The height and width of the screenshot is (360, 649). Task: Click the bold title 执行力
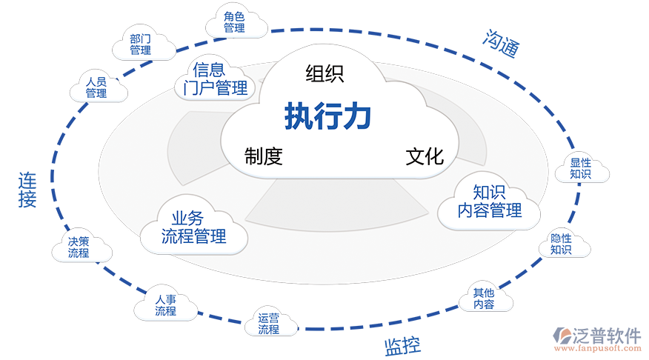[327, 117]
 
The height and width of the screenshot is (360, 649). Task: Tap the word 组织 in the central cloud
[324, 73]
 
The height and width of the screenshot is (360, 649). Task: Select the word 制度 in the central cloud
[264, 156]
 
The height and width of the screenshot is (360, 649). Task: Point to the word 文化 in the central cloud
[425, 156]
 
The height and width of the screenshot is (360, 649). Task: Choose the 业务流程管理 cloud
[193, 227]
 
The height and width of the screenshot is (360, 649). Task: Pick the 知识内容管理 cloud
[489, 201]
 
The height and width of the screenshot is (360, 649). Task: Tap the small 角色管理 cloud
[235, 21]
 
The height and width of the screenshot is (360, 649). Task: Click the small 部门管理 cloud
[141, 44]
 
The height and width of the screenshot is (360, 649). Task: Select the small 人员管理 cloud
[96, 87]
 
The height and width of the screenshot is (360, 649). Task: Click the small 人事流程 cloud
[166, 305]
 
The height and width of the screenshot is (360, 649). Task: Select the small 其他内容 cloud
[484, 298]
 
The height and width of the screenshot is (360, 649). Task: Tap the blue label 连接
[27, 190]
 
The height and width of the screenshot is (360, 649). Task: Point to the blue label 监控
[402, 345]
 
